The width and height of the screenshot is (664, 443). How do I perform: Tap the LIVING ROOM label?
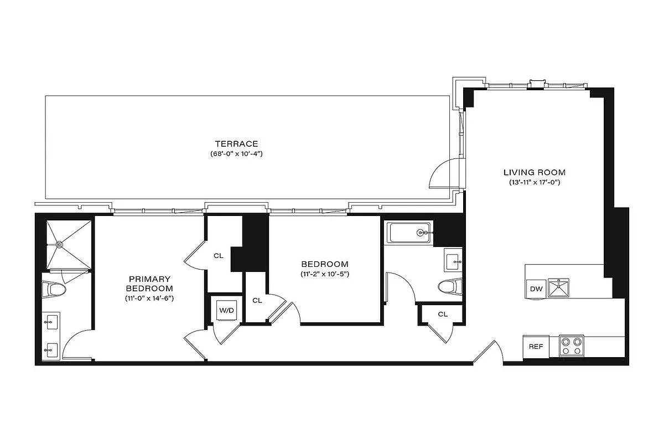(x=535, y=172)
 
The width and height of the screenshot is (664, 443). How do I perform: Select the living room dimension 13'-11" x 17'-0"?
(x=535, y=182)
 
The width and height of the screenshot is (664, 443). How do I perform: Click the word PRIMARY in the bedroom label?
(x=149, y=279)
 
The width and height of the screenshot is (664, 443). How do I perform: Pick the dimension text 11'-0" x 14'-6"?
(x=149, y=298)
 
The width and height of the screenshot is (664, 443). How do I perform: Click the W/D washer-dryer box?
(x=227, y=311)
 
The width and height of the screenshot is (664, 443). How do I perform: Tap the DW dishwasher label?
(x=536, y=289)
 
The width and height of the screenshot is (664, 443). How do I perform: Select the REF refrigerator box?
(x=535, y=347)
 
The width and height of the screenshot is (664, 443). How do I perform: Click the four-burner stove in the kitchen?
(x=572, y=346)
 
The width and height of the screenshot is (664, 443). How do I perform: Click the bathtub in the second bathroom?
(x=410, y=233)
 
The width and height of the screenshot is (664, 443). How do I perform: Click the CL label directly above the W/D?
(x=219, y=256)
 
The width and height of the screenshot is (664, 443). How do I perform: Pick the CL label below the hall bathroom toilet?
(x=443, y=314)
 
